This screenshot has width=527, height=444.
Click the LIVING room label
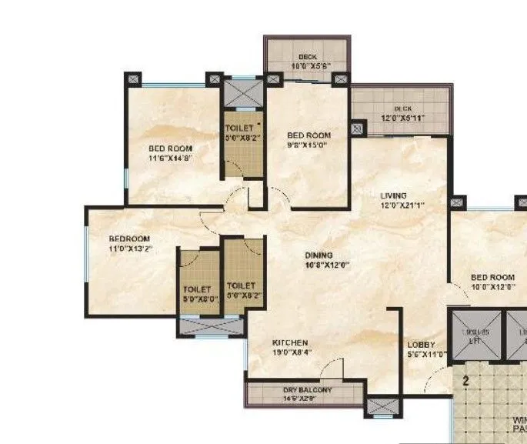pyautogui.click(x=393, y=195)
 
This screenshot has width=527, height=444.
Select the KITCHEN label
pyautogui.click(x=290, y=342)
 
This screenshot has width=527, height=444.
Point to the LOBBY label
pyautogui.click(x=421, y=345)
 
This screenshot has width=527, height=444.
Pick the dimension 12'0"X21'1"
pyautogui.click(x=402, y=205)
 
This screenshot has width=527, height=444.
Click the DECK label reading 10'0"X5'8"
pyautogui.click(x=308, y=66)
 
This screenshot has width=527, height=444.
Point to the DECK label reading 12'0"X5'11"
pyautogui.click(x=400, y=118)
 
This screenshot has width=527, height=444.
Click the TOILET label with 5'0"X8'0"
pyautogui.click(x=197, y=299)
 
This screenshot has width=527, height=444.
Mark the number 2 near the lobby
pyautogui.click(x=465, y=379)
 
